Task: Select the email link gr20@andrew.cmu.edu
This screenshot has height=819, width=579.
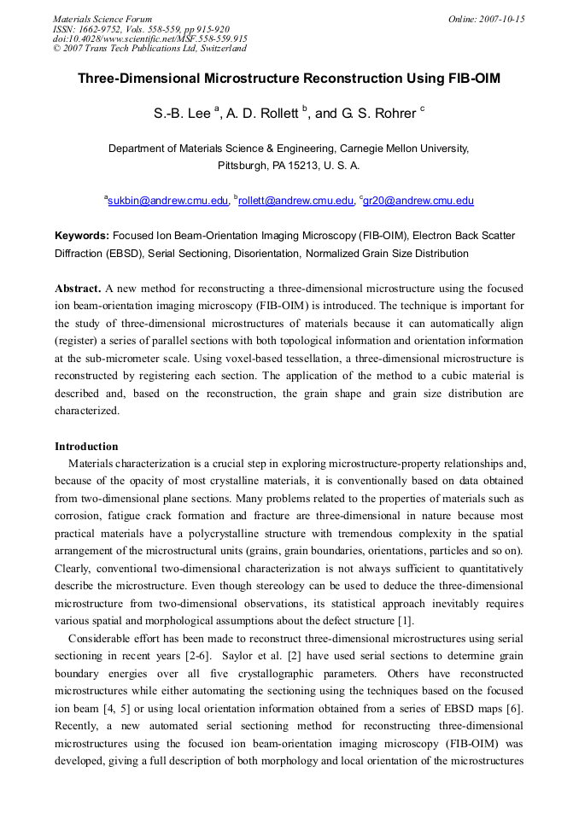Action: (x=418, y=202)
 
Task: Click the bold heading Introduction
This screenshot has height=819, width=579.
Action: (x=86, y=447)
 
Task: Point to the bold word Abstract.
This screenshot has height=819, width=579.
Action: (x=77, y=289)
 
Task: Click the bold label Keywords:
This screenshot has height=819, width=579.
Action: (x=82, y=236)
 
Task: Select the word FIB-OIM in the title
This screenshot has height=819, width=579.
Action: (x=474, y=79)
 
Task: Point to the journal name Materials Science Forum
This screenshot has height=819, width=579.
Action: (x=102, y=19)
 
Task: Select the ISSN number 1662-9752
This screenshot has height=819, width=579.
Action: (x=99, y=29)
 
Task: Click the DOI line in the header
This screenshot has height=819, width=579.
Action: (x=150, y=39)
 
